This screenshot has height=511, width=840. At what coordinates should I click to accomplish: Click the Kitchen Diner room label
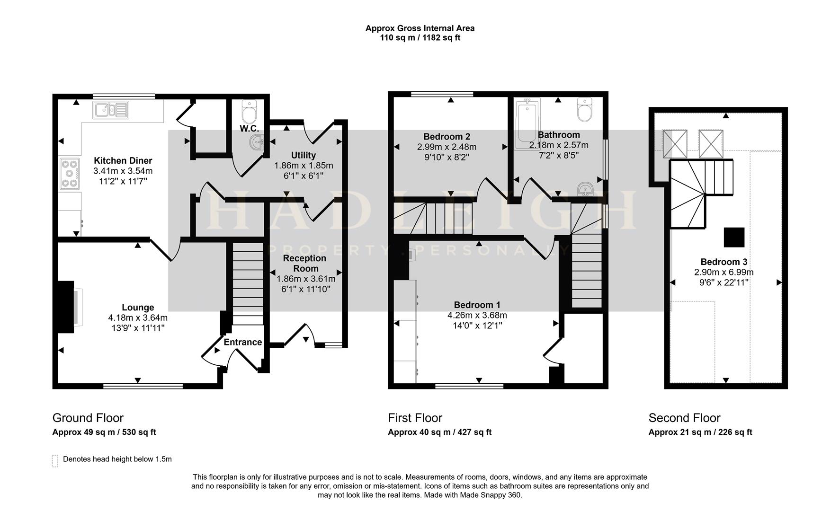point(123,160)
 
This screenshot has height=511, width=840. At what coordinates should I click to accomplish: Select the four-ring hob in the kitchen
point(69,174)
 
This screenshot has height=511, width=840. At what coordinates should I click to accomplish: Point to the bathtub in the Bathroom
point(527,124)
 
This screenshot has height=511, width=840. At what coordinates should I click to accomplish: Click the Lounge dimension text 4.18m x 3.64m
point(138,317)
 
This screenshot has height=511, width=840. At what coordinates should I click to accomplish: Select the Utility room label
point(304,155)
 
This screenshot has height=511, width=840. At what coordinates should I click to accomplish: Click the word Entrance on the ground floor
point(242,342)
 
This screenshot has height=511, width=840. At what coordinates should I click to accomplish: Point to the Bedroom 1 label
point(477,305)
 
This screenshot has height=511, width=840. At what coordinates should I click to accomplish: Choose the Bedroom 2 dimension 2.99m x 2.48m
point(447,147)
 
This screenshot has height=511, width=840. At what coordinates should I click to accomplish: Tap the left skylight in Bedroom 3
point(674,143)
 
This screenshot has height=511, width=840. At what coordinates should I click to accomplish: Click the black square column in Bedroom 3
point(734,237)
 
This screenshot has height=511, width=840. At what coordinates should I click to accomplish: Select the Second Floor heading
point(684,418)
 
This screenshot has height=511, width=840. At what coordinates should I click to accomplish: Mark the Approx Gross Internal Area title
point(420,28)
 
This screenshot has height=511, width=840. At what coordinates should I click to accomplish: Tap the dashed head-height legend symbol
point(55,461)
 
